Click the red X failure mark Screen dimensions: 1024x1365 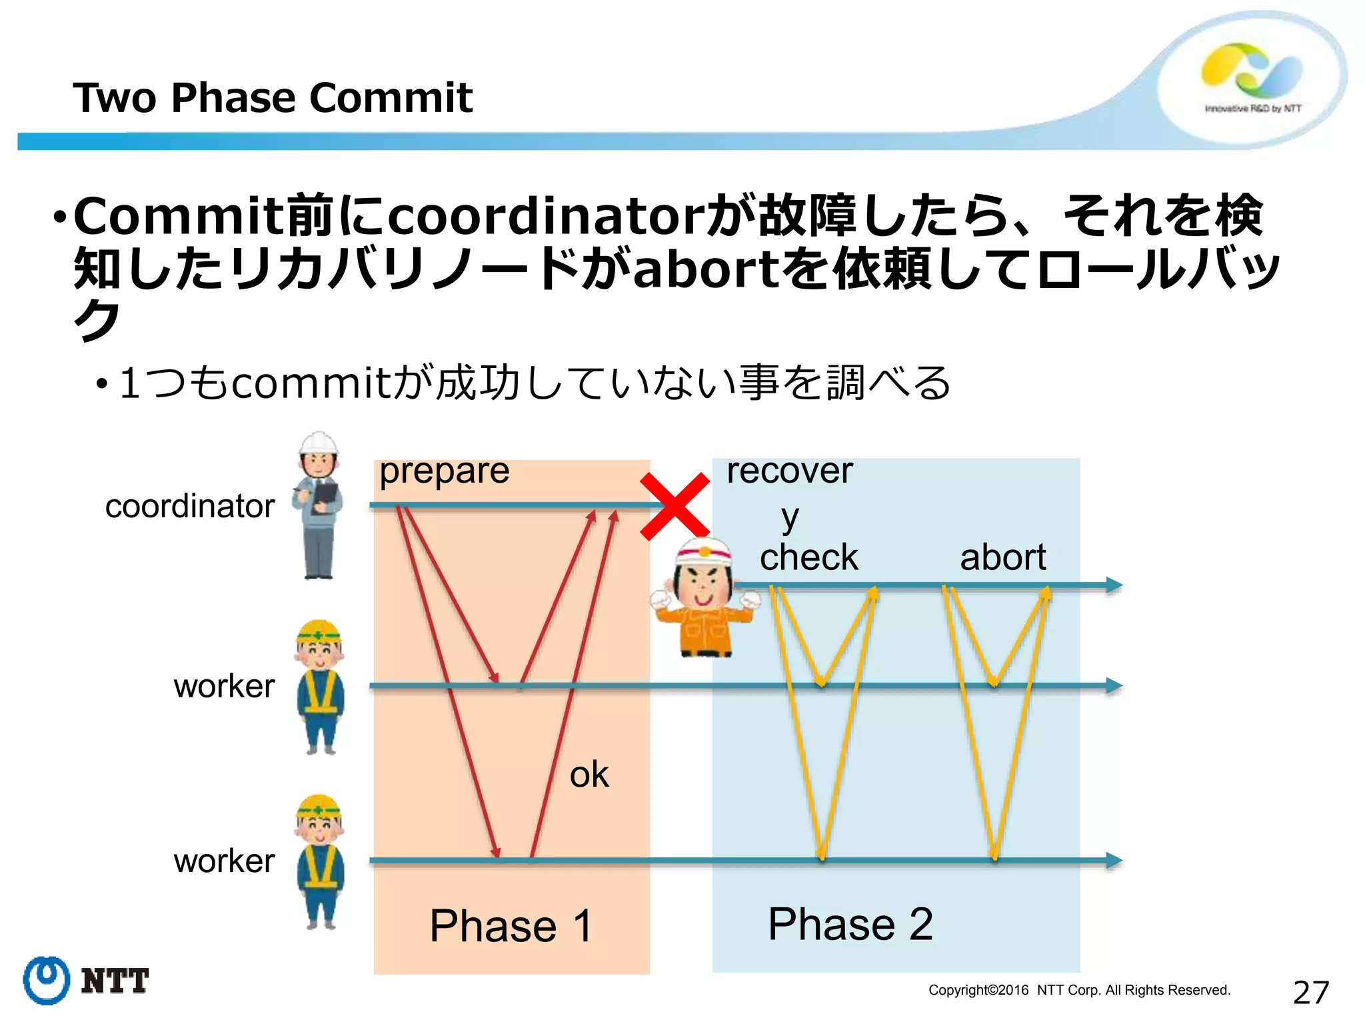coord(674,506)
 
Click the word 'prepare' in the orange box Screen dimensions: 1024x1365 coord(445,471)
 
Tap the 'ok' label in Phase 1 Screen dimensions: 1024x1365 coord(589,774)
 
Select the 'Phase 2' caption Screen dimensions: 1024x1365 coord(850,924)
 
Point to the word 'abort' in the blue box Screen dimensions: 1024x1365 coord(1002,557)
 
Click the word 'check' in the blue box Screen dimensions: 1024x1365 coord(808,557)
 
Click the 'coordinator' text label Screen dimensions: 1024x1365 coord(190,506)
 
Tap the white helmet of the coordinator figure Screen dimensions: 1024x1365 coord(319,443)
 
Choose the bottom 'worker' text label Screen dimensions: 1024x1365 coord(224,861)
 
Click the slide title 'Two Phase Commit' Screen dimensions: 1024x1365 coord(273,98)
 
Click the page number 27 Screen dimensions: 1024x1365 coord(1310,993)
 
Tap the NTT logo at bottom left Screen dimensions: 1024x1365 coord(85,980)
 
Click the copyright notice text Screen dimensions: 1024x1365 coord(1079,990)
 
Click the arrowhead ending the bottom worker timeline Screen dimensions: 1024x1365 coord(1114,860)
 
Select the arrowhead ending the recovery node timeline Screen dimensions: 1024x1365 coord(1114,585)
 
